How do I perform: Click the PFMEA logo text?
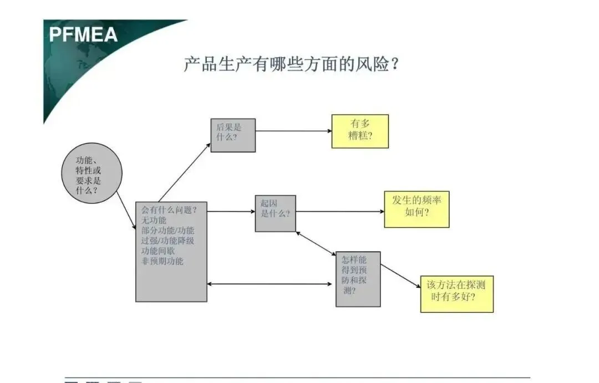pyautogui.click(x=83, y=34)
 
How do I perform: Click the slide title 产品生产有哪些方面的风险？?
pyautogui.click(x=292, y=64)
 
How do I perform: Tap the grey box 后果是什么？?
pyautogui.click(x=233, y=135)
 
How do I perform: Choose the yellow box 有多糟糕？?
pyautogui.click(x=360, y=131)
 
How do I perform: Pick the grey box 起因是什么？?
pyautogui.click(x=275, y=213)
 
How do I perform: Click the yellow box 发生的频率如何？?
pyautogui.click(x=417, y=209)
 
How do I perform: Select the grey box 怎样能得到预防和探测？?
pyautogui.click(x=358, y=279)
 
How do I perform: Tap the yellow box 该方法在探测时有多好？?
pyautogui.click(x=456, y=294)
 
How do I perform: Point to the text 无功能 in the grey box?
pyautogui.click(x=154, y=220)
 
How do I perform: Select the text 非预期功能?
pyautogui.click(x=162, y=261)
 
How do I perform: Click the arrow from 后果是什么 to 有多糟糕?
pyautogui.click(x=293, y=131)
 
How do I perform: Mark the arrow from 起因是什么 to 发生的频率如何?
pyautogui.click(x=339, y=211)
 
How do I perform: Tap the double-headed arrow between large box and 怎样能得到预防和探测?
pyautogui.click(x=270, y=284)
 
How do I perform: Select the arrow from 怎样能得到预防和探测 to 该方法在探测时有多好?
pyautogui.click(x=400, y=275)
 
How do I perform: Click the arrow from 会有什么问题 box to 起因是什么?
pyautogui.click(x=231, y=211)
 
